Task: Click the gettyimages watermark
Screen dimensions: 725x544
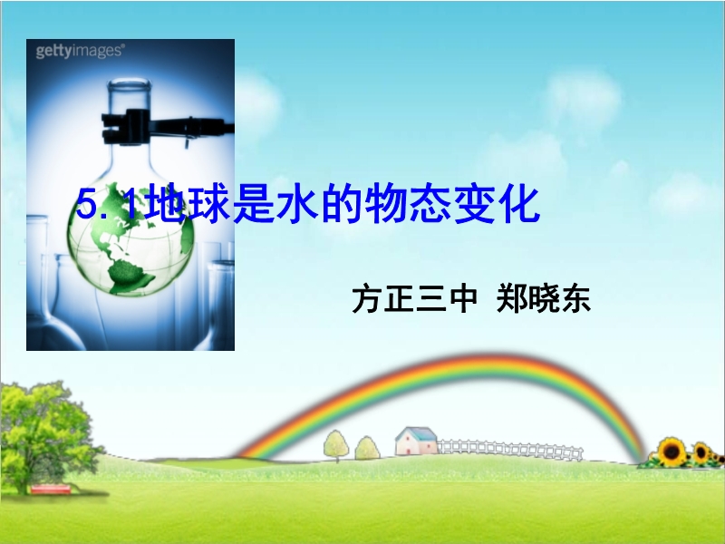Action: [80, 51]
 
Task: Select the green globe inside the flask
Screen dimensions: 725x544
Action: [130, 239]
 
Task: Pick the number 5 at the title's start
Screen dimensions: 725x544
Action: [86, 205]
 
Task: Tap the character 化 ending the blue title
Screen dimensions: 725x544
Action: [518, 203]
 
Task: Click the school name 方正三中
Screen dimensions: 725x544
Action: [414, 300]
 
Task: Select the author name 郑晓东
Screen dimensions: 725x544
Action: [543, 300]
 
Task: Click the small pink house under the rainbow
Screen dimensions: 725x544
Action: [416, 442]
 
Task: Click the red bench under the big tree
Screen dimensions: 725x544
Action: [51, 489]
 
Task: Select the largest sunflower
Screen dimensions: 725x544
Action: [672, 452]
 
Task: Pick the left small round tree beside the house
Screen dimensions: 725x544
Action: [336, 445]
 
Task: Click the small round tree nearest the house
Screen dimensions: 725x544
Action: [368, 448]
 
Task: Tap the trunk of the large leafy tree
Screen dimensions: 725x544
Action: [21, 477]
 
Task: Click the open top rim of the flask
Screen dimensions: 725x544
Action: [129, 83]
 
